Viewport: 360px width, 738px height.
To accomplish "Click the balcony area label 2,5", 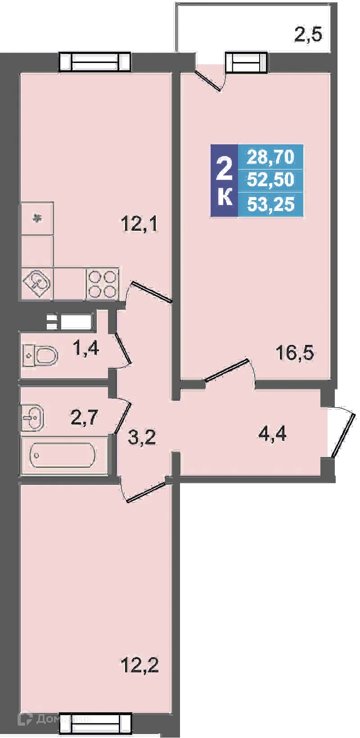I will [309, 35].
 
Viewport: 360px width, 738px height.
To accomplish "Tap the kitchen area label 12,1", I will [140, 224].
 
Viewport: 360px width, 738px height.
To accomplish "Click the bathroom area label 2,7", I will [84, 418].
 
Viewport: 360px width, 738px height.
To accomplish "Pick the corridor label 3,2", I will [142, 437].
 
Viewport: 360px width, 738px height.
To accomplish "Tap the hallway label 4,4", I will [272, 435].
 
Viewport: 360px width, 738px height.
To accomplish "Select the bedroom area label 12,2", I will [139, 664].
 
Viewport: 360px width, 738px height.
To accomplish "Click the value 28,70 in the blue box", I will [270, 157].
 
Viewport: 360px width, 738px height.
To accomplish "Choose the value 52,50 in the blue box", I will [270, 180].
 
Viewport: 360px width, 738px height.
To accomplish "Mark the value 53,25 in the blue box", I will [270, 204].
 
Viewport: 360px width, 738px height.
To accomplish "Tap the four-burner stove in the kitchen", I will [103, 284].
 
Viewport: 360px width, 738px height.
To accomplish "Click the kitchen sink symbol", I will [38, 284].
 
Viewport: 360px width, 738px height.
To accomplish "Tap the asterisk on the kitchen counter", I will [37, 219].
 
